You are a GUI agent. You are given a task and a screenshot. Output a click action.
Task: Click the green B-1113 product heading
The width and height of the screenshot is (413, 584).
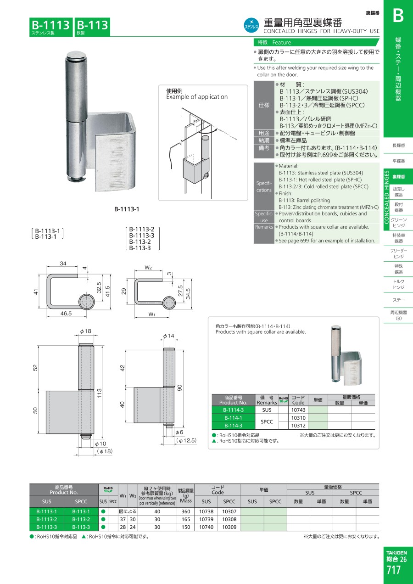[51, 27]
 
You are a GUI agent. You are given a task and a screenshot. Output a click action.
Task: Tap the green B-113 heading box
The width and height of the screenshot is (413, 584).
[93, 27]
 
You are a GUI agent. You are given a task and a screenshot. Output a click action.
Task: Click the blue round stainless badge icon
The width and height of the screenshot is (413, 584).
[251, 26]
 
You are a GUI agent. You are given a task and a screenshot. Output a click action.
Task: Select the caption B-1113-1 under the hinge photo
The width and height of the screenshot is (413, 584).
[127, 209]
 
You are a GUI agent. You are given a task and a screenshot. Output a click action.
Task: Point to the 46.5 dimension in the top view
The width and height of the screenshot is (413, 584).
[66, 314]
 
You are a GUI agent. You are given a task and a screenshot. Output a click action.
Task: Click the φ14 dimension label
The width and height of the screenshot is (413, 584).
[168, 336]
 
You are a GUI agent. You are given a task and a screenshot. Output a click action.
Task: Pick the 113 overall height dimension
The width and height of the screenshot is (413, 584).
[99, 393]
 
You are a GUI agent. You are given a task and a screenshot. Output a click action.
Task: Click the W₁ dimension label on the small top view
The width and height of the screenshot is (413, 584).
[151, 314]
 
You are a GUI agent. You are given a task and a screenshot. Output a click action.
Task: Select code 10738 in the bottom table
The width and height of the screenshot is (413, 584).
[206, 511]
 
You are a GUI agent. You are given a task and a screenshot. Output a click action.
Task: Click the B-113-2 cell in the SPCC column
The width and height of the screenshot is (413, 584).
[81, 519]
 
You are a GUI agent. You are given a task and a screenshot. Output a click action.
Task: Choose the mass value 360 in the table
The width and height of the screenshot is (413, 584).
[186, 511]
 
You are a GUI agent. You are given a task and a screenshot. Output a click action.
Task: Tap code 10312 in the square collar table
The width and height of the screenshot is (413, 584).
[298, 426]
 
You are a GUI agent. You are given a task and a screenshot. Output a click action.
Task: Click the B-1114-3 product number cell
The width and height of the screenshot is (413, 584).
[233, 410]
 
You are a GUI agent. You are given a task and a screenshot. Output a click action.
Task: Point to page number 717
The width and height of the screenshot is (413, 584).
[393, 570]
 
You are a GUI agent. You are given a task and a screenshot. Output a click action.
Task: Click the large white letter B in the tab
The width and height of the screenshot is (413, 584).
[398, 16]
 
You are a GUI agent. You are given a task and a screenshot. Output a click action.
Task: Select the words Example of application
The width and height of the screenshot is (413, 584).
[197, 97]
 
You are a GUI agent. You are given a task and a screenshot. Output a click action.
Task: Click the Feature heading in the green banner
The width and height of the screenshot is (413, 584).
[282, 43]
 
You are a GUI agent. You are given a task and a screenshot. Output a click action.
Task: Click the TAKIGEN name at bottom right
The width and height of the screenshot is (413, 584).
[396, 553]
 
